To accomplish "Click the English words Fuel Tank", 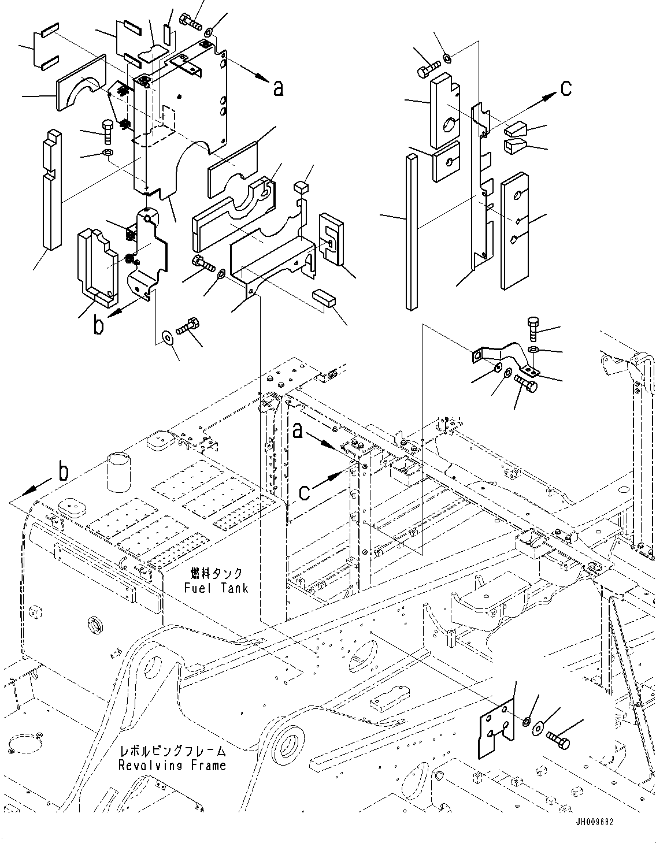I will pos(216,588).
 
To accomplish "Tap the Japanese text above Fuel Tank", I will pos(216,574).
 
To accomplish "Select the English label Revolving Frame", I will pos(172,766).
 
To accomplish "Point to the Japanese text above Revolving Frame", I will pos(172,752).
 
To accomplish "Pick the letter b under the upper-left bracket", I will pos(99,326).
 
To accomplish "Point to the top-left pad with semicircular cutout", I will pos(81,84).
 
